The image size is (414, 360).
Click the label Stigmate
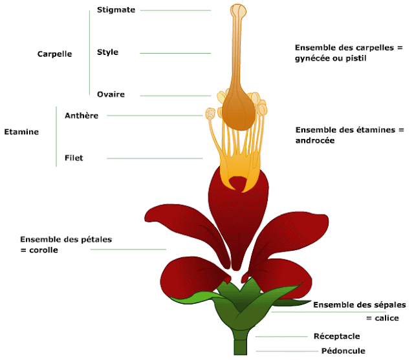pyautogui.click(x=116, y=10)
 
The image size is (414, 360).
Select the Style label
pyautogui.click(x=107, y=52)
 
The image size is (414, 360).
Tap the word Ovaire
pyautogui.click(x=111, y=94)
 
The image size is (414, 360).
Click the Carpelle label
pyautogui.click(x=54, y=54)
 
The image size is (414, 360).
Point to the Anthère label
pyautogui.click(x=82, y=116)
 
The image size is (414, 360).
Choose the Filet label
pyautogui.click(x=74, y=158)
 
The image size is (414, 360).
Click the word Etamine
pyautogui.click(x=21, y=132)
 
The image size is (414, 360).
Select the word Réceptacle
pyautogui.click(x=336, y=336)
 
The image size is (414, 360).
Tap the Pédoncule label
pyautogui.click(x=343, y=351)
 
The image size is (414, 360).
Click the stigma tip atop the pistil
pyautogui.click(x=239, y=11)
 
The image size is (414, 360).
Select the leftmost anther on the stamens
pyautogui.click(x=211, y=114)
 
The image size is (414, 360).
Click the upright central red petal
pyautogui.click(x=237, y=213)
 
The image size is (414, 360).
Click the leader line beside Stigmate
pyautogui.click(x=175, y=10)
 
